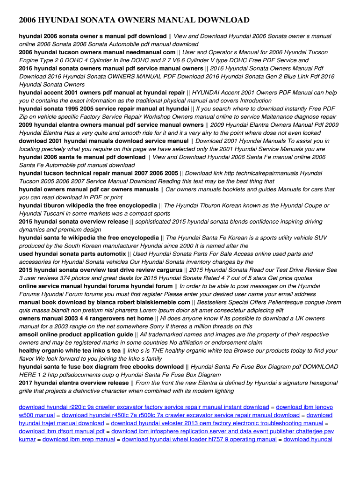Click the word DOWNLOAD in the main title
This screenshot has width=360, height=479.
point(220,20)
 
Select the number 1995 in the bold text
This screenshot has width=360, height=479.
point(79,109)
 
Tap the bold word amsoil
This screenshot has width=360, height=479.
point(29,334)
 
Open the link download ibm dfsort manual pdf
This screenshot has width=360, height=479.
point(62,431)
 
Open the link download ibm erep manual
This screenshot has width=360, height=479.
point(79,439)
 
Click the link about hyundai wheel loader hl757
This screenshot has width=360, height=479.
point(199,439)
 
